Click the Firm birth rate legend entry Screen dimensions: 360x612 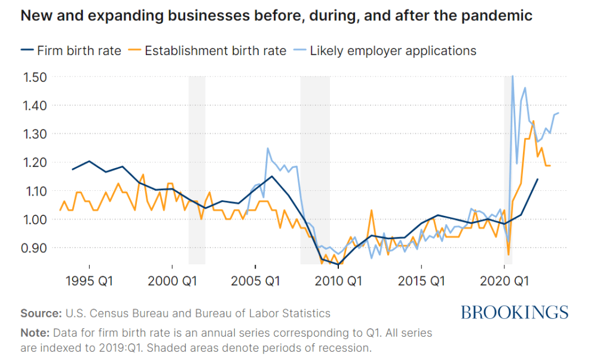pyautogui.click(x=77, y=50)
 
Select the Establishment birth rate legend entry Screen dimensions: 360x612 pyautogui.click(x=214, y=50)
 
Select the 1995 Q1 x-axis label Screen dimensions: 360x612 pyautogui.click(x=89, y=280)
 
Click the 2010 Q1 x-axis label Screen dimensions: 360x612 pyautogui.click(x=338, y=280)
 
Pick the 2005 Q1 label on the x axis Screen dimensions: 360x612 pyautogui.click(x=255, y=280)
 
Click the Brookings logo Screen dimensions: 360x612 pyautogui.click(x=514, y=312)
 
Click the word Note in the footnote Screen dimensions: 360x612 pyautogui.click(x=34, y=332)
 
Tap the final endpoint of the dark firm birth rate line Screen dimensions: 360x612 pyautogui.click(x=537, y=179)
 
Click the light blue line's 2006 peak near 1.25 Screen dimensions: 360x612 pyautogui.click(x=268, y=148)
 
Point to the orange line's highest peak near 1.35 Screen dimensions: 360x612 pyautogui.click(x=533, y=121)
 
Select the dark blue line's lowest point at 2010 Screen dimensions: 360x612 pyautogui.click(x=338, y=264)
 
